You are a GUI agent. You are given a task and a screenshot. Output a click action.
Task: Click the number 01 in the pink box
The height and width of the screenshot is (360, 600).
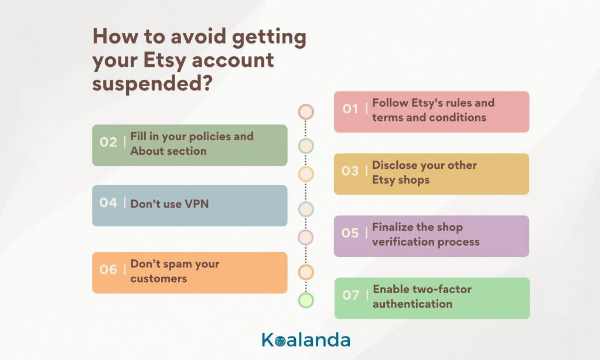(350, 109)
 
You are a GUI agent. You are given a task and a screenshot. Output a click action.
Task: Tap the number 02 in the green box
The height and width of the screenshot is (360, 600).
(108, 142)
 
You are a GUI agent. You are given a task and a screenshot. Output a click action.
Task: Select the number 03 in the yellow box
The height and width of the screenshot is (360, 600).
(350, 171)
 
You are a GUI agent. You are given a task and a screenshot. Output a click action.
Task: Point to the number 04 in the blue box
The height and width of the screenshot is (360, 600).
(108, 202)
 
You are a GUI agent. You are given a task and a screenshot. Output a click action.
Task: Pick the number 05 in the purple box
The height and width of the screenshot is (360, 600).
(350, 233)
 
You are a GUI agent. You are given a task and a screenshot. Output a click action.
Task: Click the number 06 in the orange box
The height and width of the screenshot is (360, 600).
(108, 270)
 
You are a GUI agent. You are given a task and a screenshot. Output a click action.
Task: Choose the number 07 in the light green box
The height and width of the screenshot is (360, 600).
(351, 296)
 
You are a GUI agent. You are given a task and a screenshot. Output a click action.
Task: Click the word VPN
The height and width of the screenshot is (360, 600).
(197, 203)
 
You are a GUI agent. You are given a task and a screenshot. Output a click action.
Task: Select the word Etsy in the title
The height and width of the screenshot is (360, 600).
(165, 60)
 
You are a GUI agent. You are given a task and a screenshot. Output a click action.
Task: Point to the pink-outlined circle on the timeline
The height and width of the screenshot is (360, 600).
(306, 112)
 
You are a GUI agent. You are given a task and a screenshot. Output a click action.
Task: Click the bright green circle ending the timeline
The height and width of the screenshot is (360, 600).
(306, 300)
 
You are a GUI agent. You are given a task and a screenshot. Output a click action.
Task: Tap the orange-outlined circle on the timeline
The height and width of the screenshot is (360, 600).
(306, 272)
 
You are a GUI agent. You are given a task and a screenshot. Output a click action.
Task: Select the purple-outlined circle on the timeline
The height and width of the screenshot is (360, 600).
(306, 237)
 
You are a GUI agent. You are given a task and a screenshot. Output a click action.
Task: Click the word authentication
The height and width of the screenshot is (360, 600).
(412, 304)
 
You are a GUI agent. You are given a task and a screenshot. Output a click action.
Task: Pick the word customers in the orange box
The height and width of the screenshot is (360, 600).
(159, 279)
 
